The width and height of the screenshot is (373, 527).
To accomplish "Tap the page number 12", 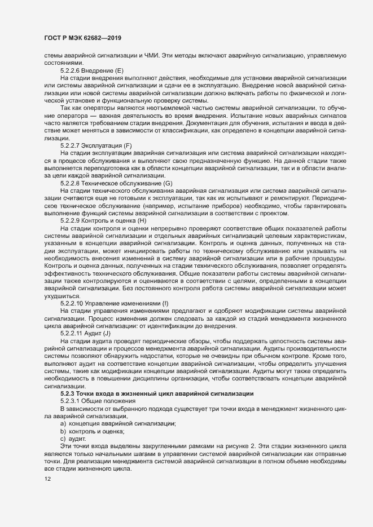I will [x=40, y=480].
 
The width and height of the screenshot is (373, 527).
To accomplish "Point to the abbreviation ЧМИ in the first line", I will [x=147, y=55].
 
